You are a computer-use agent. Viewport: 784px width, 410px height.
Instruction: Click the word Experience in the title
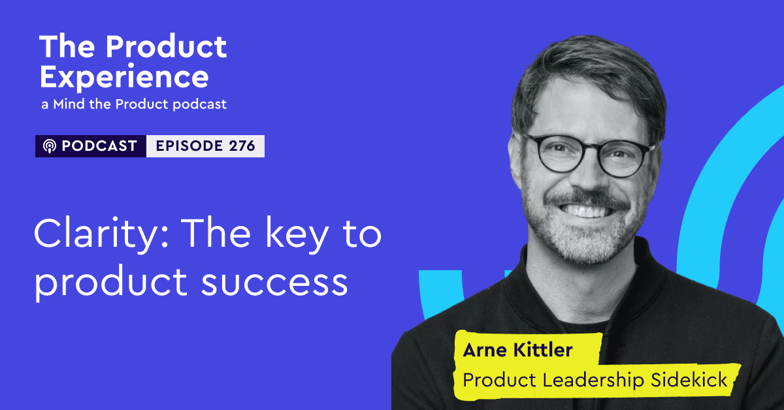click(124, 78)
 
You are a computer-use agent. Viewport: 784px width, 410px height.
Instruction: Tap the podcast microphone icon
click(50, 146)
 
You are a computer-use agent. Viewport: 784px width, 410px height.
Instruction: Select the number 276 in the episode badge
click(242, 146)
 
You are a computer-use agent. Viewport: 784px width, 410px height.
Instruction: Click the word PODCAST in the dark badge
click(99, 146)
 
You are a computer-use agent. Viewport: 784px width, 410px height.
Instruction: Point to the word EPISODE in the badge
click(189, 146)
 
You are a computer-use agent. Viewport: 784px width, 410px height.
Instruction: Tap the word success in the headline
click(274, 282)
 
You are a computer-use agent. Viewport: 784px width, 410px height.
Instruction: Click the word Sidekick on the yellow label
click(689, 380)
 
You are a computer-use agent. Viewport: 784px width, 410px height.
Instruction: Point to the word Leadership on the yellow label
click(593, 381)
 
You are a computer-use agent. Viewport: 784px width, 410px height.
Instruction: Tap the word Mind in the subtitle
click(69, 104)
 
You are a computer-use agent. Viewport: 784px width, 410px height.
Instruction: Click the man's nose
click(588, 175)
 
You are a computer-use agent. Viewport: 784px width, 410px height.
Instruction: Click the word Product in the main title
click(166, 47)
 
